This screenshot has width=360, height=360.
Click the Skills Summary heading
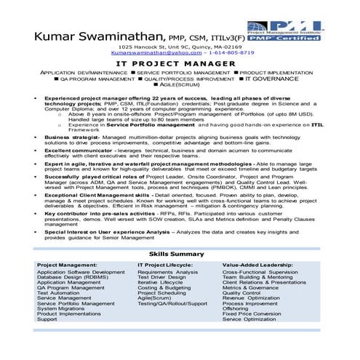pyautogui.click(x=179, y=253)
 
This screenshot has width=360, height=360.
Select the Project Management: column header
pyautogui.click(x=66, y=265)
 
